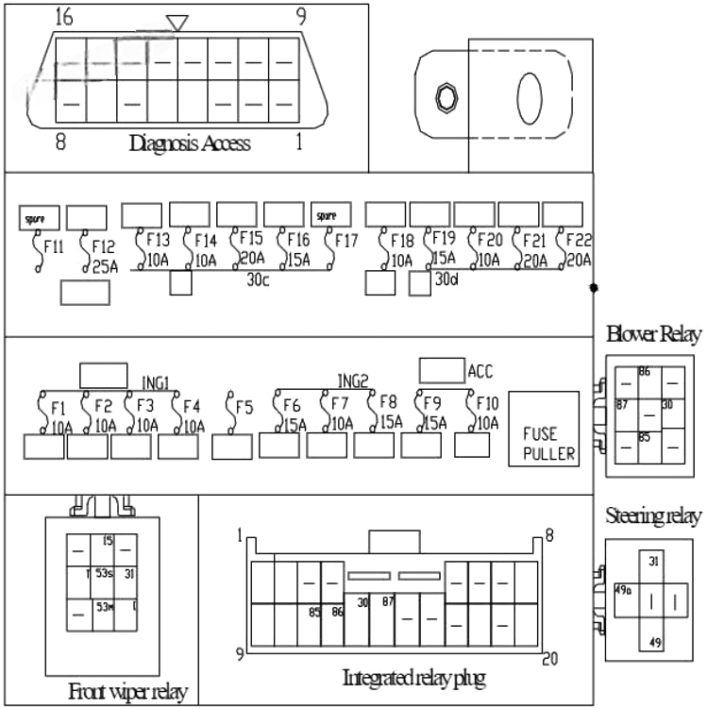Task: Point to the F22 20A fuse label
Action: tap(577, 248)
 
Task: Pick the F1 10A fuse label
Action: tap(60, 416)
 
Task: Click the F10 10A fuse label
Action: tap(486, 412)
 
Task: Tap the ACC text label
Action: tap(480, 371)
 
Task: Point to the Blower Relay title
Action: tap(654, 335)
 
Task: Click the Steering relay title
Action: tap(654, 516)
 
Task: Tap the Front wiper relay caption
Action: tap(127, 692)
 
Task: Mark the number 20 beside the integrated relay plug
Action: tap(551, 659)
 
